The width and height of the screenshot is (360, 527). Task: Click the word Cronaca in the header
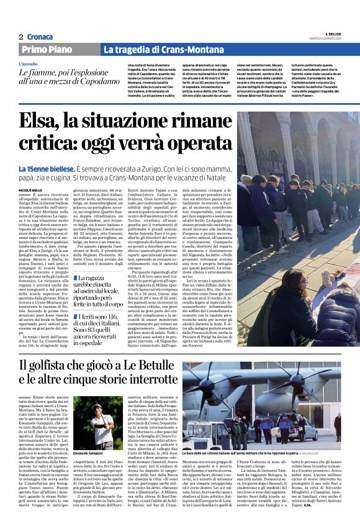[41, 37]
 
